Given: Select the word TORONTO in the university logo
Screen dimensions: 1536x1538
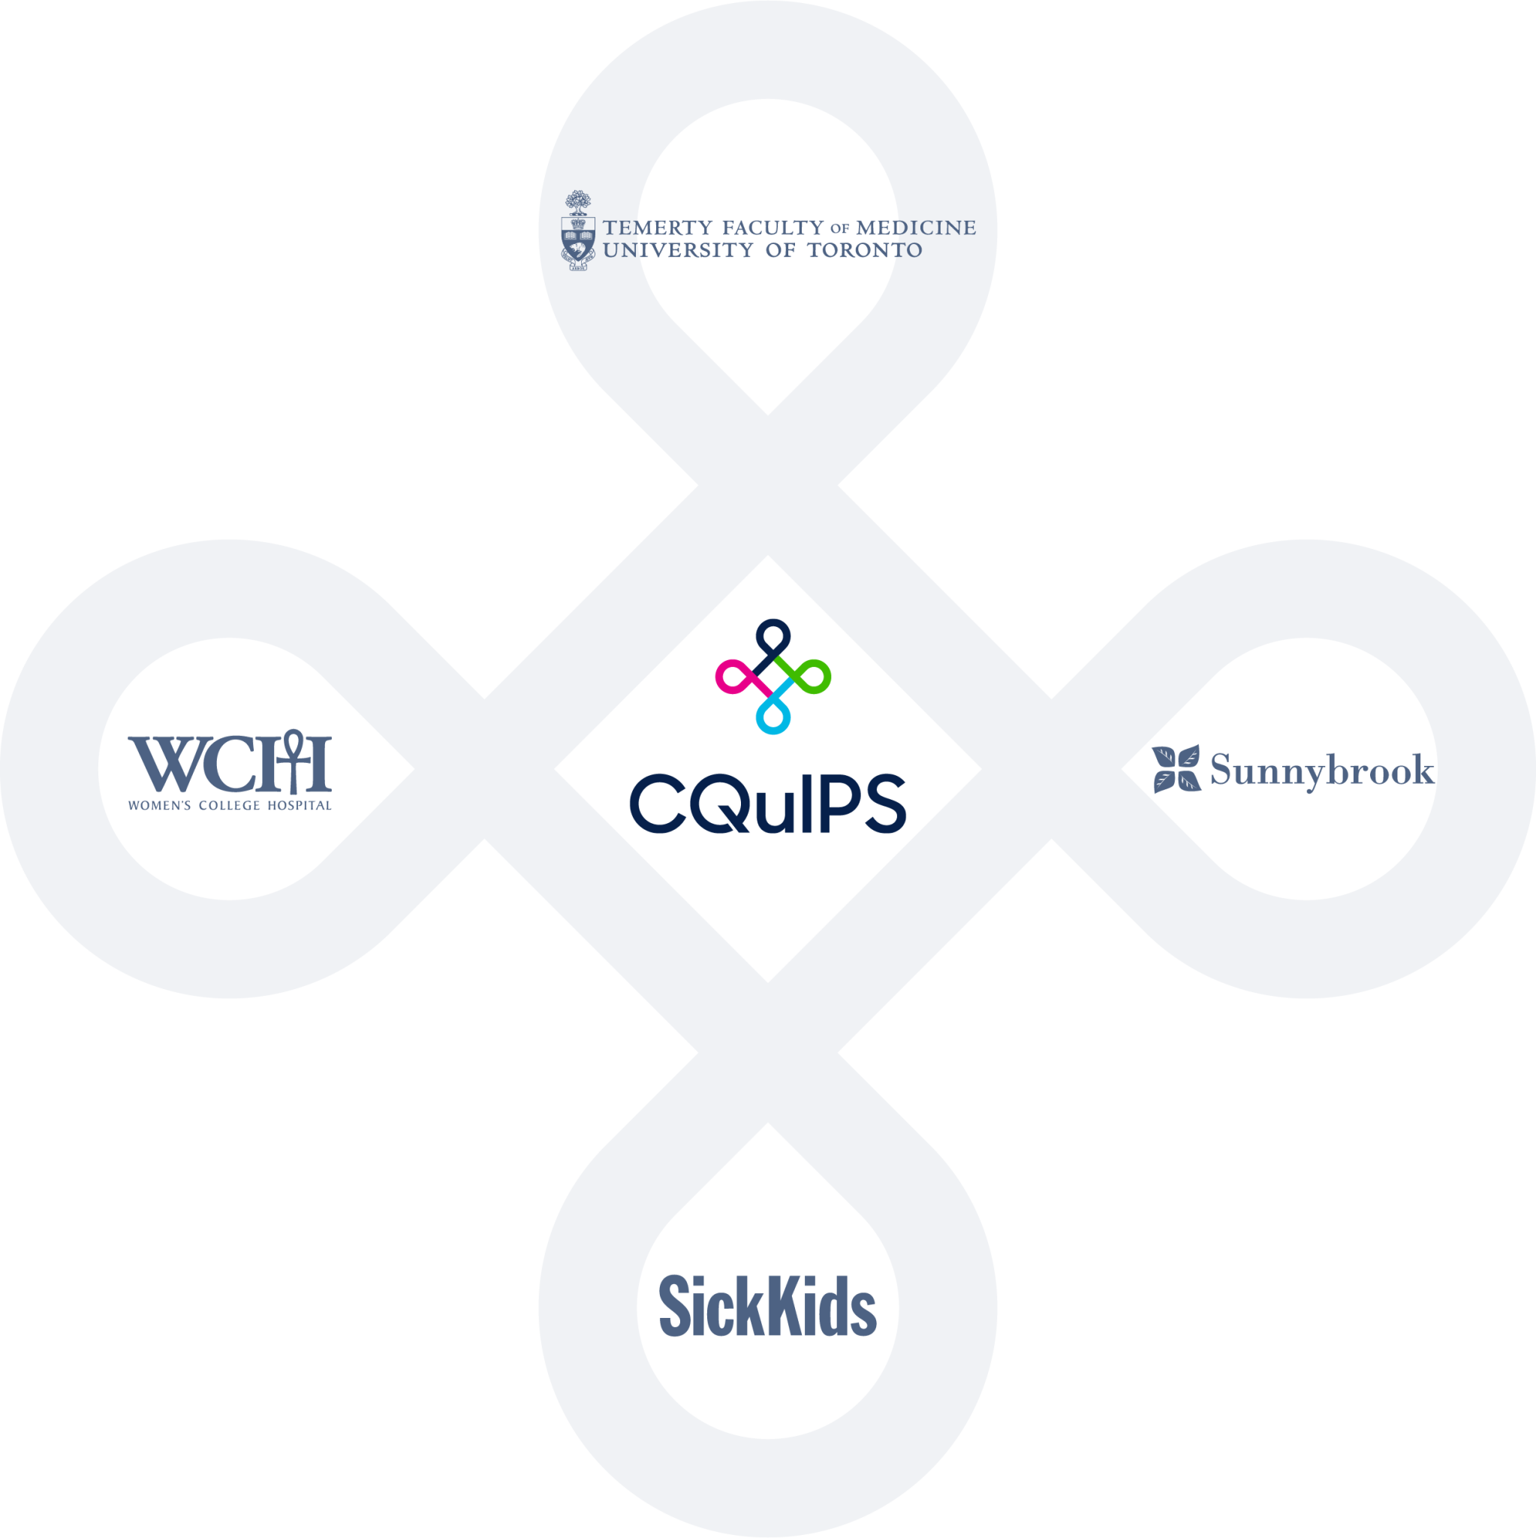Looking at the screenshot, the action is pos(864,250).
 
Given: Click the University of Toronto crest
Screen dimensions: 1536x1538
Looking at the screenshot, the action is pos(578,231).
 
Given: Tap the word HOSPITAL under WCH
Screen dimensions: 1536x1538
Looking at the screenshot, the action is pos(300,806).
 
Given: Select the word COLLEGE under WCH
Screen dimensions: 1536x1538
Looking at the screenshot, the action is pos(229,806).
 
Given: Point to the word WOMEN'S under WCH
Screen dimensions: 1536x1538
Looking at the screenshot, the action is pos(159,806).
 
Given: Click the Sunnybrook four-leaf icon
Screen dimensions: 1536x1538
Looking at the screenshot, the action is pos(1176,769).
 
